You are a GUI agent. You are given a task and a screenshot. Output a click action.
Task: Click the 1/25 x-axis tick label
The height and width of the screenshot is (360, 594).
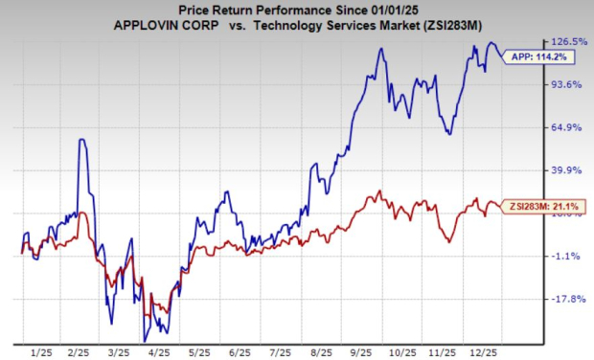coord(40,350)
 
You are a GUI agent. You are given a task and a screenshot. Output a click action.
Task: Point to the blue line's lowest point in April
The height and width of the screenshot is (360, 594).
coord(145,340)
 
